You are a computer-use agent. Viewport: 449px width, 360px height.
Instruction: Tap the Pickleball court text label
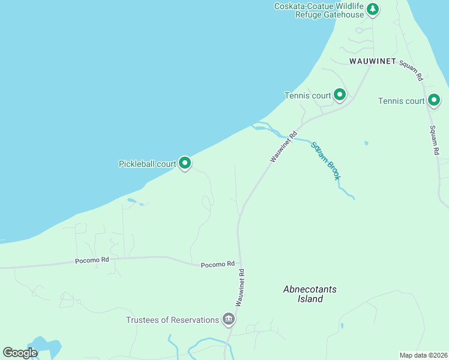pos(147,163)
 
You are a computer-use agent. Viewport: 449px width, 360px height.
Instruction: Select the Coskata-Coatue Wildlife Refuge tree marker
pos(373,9)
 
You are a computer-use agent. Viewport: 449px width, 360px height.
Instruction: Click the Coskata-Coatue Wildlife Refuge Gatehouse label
pos(319,10)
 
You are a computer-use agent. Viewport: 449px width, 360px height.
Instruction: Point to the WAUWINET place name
pos(373,61)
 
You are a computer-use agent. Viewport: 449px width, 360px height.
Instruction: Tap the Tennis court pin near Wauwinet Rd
pos(340,95)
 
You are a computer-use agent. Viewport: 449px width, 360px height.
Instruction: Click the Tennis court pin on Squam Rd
pos(433,100)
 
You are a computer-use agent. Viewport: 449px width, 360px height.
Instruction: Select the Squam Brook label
pos(325,161)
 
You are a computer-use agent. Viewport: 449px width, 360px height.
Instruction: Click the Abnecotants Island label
pos(310,294)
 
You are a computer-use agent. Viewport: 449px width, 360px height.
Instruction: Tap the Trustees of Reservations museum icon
pos(228,319)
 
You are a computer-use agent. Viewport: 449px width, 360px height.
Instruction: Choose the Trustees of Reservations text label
pos(172,320)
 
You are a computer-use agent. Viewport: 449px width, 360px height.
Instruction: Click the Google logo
pos(20,352)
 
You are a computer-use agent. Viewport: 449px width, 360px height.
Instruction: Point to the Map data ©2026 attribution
pos(423,355)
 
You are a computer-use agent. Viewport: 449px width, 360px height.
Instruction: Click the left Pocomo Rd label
pos(91,261)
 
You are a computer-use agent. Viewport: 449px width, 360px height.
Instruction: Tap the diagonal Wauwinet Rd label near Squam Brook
pos(283,148)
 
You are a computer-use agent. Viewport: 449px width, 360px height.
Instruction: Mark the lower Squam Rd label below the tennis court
pos(433,141)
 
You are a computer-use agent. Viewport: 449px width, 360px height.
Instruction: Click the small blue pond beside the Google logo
pos(49,347)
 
